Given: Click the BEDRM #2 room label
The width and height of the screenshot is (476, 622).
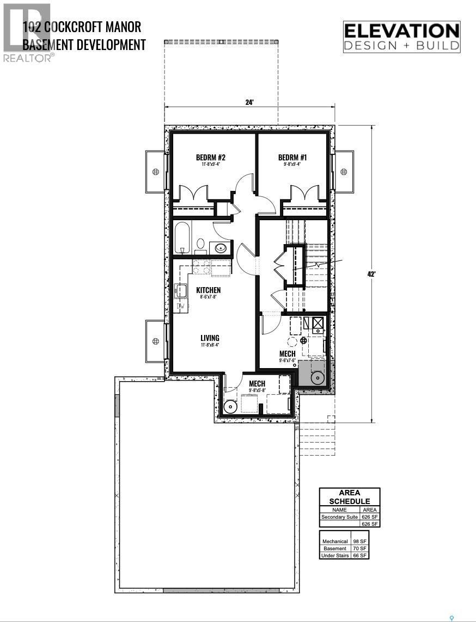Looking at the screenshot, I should click(x=211, y=158).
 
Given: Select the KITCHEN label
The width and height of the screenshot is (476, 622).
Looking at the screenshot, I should click(x=209, y=290).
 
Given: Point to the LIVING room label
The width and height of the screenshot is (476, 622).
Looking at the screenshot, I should click(x=210, y=338).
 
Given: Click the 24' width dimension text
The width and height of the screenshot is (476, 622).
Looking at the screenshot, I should click(x=249, y=102).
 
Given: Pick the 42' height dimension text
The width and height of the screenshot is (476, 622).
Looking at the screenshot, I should click(x=372, y=274).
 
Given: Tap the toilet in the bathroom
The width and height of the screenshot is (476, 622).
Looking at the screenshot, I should click(x=200, y=244).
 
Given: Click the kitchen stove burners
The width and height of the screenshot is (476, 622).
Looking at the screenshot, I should click(x=202, y=267).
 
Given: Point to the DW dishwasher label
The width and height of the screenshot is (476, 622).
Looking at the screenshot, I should click(x=180, y=307).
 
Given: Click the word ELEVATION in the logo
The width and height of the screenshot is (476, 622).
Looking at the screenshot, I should click(x=401, y=31).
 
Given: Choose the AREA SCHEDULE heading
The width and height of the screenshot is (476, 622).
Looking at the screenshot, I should click(x=350, y=497).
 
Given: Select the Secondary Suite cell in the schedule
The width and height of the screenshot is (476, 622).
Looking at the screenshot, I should click(x=340, y=517).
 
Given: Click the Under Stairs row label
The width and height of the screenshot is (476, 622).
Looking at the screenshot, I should click(x=335, y=556).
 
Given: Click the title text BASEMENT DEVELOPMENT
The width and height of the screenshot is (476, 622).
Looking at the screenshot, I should click(x=84, y=45).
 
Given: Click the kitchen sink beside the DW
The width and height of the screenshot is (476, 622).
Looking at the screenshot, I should click(x=180, y=292).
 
